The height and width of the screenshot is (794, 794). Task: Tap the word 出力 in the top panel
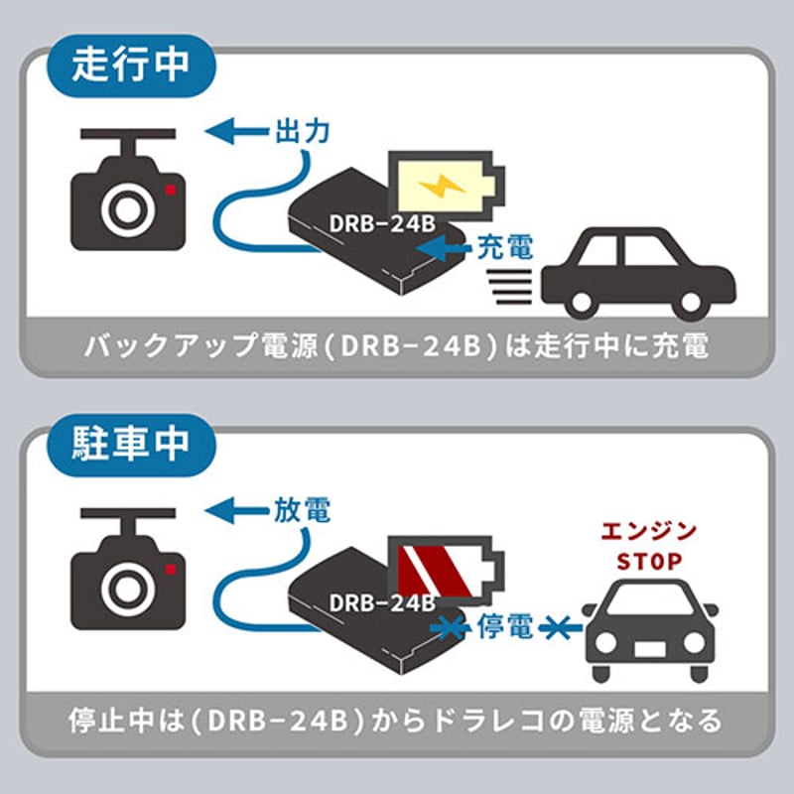click(x=300, y=130)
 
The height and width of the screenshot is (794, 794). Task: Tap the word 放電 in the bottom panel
click(x=301, y=510)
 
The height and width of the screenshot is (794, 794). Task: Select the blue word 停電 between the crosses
click(x=506, y=626)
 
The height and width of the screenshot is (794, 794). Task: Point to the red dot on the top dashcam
click(x=171, y=189)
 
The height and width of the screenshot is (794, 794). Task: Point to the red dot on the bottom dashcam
click(x=171, y=569)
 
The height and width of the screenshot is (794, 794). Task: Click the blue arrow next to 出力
click(x=234, y=129)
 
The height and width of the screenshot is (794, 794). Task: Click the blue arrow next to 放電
click(x=234, y=510)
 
